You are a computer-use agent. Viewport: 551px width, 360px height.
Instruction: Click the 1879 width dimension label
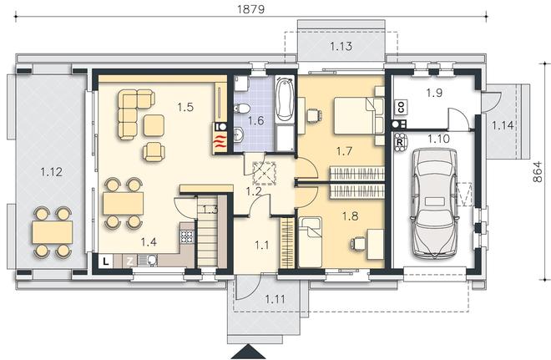(250, 9)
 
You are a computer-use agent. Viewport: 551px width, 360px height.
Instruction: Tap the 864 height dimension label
(538, 171)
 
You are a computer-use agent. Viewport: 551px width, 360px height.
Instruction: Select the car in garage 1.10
(434, 202)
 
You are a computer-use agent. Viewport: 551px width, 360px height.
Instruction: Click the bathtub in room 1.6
(285, 99)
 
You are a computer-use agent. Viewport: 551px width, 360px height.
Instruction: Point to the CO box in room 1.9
(400, 107)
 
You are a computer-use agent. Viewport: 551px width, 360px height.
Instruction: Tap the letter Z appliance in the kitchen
(130, 261)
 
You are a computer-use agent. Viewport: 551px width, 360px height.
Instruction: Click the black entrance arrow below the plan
(250, 352)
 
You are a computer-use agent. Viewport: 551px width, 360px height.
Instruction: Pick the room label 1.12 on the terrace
(51, 172)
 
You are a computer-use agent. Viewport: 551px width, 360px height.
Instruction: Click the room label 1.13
(341, 46)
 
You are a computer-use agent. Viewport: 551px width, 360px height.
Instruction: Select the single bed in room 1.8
(310, 242)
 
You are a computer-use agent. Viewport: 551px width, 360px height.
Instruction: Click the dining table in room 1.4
(123, 203)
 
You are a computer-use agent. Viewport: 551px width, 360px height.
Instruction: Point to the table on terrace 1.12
(53, 232)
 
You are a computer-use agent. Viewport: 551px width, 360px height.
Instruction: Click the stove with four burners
(187, 236)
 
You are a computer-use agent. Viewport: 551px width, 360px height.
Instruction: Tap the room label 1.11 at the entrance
(275, 300)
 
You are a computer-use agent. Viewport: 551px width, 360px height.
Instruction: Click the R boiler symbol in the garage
(399, 142)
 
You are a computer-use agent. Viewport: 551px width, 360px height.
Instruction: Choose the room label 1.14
(503, 125)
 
